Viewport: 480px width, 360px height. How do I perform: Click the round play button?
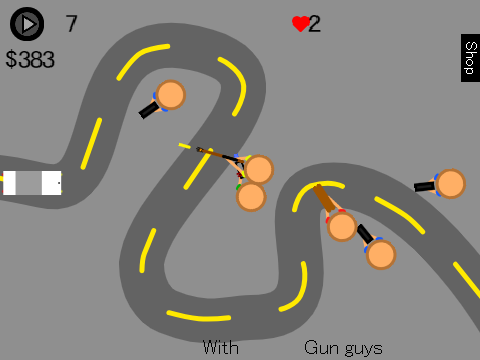(27, 24)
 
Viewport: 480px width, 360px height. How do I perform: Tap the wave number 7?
(71, 24)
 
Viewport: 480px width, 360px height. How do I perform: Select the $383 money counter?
(30, 59)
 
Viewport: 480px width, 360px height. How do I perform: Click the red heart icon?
(301, 24)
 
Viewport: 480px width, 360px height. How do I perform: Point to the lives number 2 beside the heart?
(314, 24)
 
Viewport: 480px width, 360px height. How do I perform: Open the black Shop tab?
(470, 58)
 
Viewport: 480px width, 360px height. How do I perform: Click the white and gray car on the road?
(32, 183)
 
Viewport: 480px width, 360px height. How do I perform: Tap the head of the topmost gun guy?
(171, 95)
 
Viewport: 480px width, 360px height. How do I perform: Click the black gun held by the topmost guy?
(149, 110)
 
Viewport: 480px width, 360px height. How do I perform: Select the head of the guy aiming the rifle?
(259, 170)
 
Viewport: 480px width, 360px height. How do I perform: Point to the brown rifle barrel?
(217, 154)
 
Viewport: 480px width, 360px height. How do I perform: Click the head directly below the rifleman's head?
(251, 197)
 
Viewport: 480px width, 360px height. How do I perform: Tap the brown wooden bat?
(324, 198)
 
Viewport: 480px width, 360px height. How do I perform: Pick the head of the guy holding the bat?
(342, 226)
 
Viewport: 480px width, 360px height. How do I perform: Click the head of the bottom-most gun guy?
(381, 254)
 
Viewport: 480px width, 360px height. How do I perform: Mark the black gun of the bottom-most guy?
(365, 234)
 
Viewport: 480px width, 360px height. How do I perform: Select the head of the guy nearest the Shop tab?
(451, 184)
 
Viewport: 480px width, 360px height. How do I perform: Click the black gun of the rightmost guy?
(424, 186)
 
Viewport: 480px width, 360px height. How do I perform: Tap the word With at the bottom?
(221, 348)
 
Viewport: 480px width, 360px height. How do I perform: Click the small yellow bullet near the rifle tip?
(185, 146)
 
